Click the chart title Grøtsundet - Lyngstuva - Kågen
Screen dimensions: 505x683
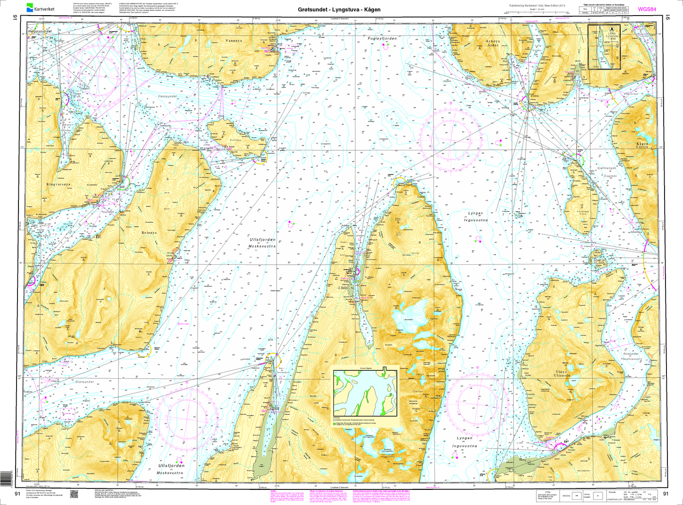tap(339, 9)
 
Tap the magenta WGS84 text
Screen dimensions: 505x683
tap(647, 9)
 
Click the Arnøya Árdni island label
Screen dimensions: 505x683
tap(493, 44)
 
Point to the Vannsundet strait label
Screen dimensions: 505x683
tap(168, 96)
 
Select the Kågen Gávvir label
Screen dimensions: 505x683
tap(643, 145)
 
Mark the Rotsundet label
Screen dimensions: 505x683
tap(631, 354)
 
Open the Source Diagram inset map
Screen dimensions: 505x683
tap(365, 393)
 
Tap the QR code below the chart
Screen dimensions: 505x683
tap(73, 494)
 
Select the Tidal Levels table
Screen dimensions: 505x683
tap(606, 9)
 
